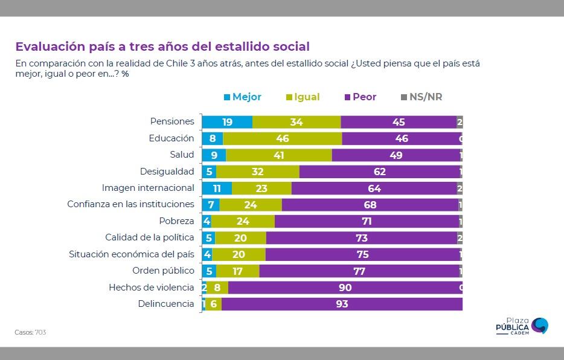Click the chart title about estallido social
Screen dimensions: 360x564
(162, 47)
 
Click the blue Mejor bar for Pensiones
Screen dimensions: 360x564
(227, 122)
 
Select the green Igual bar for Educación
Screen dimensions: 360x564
(282, 138)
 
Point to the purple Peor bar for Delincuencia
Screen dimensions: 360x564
(342, 304)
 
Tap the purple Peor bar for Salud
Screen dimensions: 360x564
(396, 155)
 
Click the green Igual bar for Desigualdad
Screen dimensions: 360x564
(257, 172)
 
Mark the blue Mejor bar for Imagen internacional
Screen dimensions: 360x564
(217, 188)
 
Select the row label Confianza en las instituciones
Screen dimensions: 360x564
(130, 205)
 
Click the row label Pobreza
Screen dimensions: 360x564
(176, 221)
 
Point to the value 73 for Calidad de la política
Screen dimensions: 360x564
(361, 238)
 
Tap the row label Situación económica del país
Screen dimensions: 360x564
(132, 254)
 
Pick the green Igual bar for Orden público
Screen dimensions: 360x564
(237, 271)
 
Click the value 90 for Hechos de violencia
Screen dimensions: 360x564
(345, 288)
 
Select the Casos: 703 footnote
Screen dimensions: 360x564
(30, 332)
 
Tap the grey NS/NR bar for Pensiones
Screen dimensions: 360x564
(460, 122)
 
